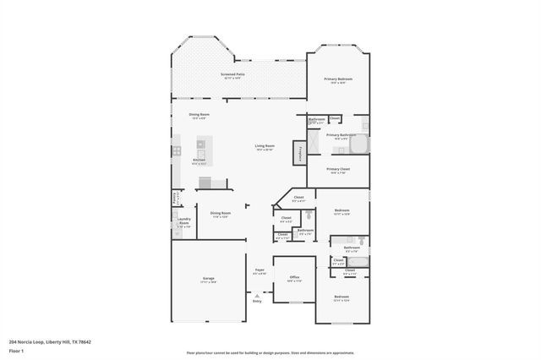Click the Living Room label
click(265, 147)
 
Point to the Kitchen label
click(199, 161)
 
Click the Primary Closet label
click(338, 170)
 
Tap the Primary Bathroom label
click(340, 136)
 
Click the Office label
click(294, 278)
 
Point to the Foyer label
click(260, 271)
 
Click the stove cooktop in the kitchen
click(178, 151)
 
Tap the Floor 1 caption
click(17, 350)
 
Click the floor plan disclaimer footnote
click(270, 352)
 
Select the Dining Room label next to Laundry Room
click(220, 214)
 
